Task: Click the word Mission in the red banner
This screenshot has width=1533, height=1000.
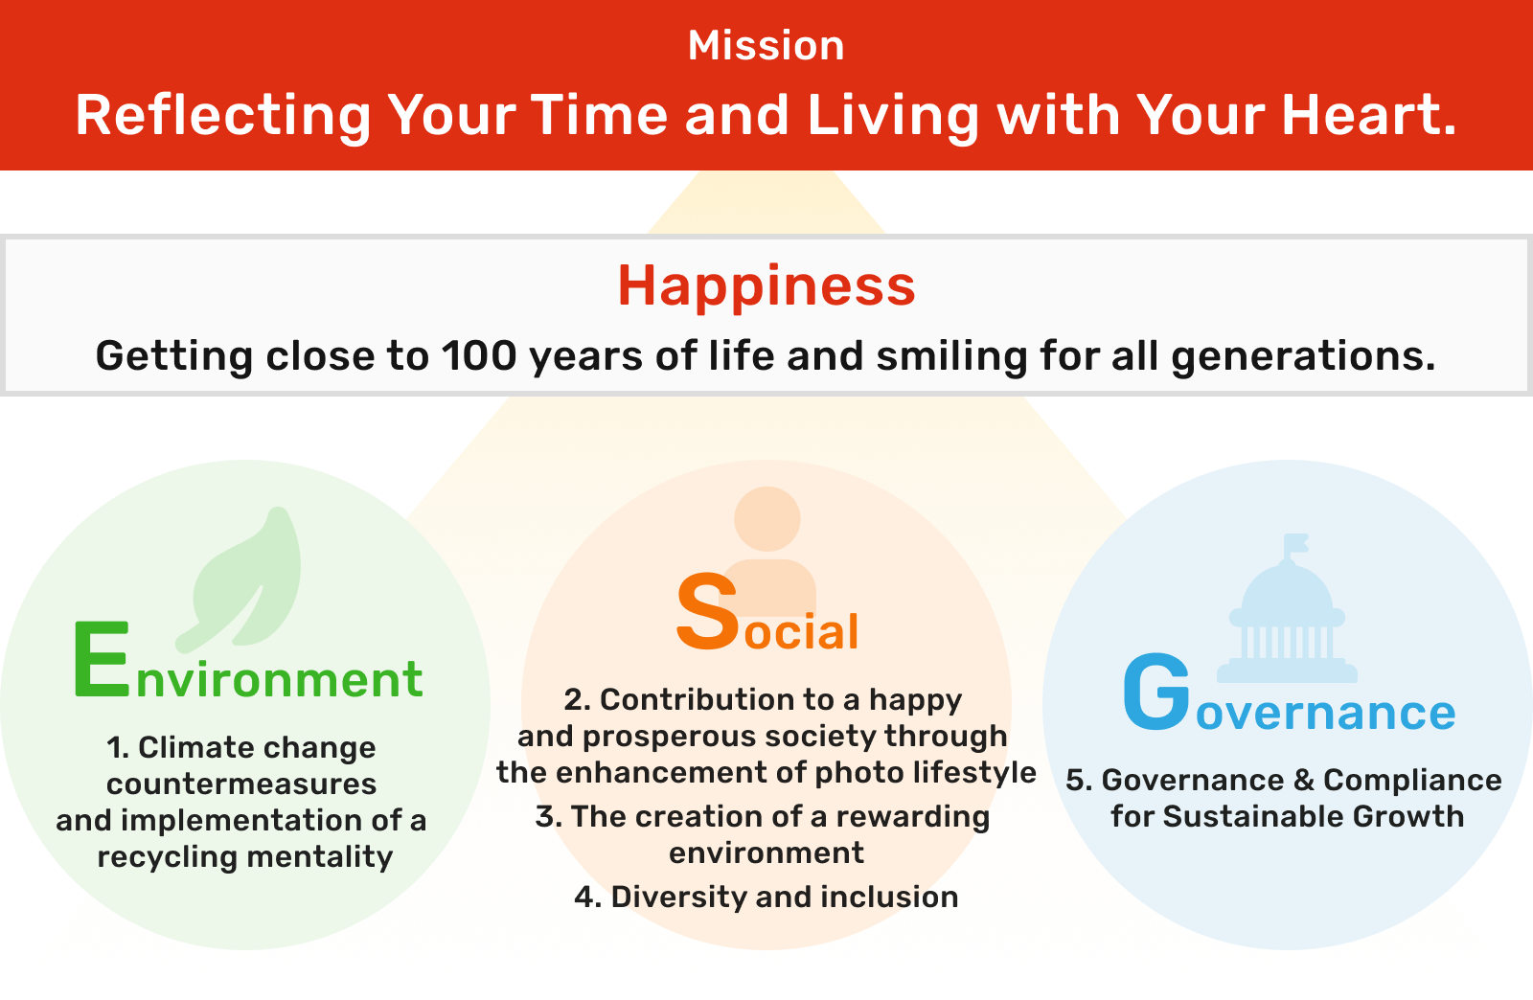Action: pyautogui.click(x=766, y=46)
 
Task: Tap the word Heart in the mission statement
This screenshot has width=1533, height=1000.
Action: pyautogui.click(x=1368, y=115)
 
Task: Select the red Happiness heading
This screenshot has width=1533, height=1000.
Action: pyautogui.click(x=766, y=285)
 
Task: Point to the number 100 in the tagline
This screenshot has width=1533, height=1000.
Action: pyautogui.click(x=478, y=355)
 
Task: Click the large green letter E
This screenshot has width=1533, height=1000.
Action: pyautogui.click(x=102, y=659)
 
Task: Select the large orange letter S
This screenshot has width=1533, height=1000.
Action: pyautogui.click(x=708, y=612)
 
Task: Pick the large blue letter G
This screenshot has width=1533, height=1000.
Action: pyautogui.click(x=1156, y=691)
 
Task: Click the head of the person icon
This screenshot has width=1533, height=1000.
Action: pyautogui.click(x=767, y=519)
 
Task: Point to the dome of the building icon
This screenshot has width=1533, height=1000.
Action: pyautogui.click(x=1288, y=587)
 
